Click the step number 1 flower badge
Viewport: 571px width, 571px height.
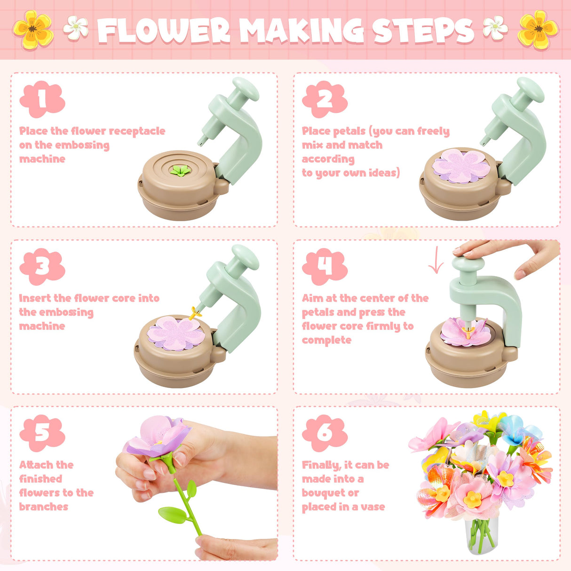point(42,99)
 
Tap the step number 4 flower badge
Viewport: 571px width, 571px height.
point(325,266)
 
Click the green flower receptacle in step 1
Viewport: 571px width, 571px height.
point(180,171)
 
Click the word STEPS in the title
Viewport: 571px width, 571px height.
point(423,31)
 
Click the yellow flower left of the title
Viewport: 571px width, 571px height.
point(33,30)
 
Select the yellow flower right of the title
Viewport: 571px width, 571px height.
point(538,30)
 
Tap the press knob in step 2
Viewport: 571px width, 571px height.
point(530,90)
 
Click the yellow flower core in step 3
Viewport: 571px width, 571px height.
point(195,312)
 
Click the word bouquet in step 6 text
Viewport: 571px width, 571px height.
point(330,493)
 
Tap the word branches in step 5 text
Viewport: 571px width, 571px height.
point(44,507)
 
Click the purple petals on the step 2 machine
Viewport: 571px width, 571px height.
point(461,166)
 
